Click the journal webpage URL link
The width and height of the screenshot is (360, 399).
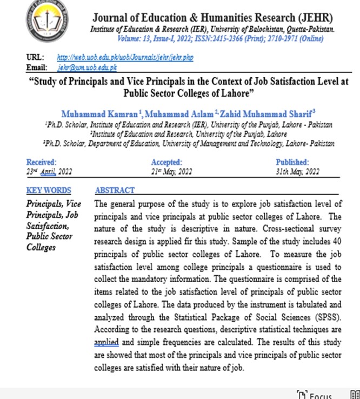[125, 57]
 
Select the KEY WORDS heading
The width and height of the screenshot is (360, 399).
[48, 190]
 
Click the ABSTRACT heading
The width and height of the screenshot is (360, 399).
[115, 190]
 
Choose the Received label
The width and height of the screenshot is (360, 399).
[41, 162]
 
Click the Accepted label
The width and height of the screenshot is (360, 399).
[166, 162]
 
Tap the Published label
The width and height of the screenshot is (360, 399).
[292, 162]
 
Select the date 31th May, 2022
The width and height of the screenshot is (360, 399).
[297, 172]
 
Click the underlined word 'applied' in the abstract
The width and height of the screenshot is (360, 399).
[106, 343]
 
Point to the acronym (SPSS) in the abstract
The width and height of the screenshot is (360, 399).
[324, 317]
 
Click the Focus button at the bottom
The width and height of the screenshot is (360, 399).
[319, 395]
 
